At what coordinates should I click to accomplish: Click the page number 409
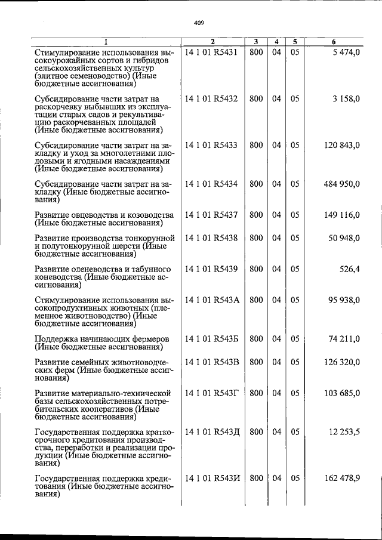pos(199,23)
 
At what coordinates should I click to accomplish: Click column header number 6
pos(334,42)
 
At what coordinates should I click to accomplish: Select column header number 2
pos(212,42)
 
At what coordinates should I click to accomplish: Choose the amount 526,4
pos(349,269)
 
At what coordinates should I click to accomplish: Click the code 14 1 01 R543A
pos(212,300)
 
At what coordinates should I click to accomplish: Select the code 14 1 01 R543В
pos(212,362)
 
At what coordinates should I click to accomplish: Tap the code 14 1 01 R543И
pos(212,479)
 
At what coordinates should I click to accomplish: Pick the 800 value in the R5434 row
pos(256,184)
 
